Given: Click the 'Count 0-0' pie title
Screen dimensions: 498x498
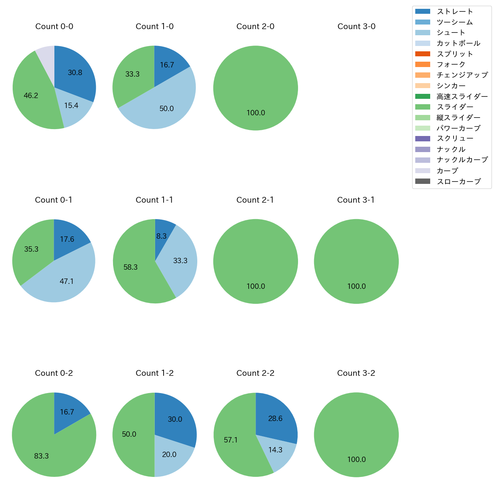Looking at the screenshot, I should pyautogui.click(x=54, y=26).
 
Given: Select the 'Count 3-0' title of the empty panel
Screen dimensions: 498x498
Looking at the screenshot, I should pyautogui.click(x=356, y=26).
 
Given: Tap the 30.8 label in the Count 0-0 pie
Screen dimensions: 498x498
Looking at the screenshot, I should pyautogui.click(x=75, y=72).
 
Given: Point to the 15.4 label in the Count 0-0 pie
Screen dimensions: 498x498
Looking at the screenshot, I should pyautogui.click(x=71, y=105).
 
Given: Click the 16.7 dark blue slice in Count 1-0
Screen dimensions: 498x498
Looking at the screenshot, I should pyautogui.click(x=167, y=65).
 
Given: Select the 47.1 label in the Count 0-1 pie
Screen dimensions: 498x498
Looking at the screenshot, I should pyautogui.click(x=67, y=281).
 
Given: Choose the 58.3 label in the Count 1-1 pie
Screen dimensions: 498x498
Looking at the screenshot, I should pyautogui.click(x=131, y=267).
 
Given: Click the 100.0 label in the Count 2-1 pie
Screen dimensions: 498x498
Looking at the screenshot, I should pyautogui.click(x=256, y=286).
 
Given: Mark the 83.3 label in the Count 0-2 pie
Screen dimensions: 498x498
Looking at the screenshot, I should pyautogui.click(x=41, y=456).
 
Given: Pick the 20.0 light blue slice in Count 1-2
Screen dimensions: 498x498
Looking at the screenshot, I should pyautogui.click(x=169, y=454).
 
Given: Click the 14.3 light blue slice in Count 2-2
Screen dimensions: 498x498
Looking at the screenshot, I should pyautogui.click(x=275, y=450).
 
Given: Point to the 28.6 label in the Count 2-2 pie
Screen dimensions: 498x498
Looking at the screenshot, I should pyautogui.click(x=275, y=418).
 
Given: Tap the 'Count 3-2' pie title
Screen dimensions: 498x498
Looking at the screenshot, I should pyautogui.click(x=356, y=373).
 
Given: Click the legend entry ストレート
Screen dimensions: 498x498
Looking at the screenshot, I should pyautogui.click(x=455, y=11).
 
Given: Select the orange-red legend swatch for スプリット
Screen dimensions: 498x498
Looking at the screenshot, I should pyautogui.click(x=423, y=54).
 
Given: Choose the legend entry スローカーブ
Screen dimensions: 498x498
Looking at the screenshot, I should pyautogui.click(x=459, y=182).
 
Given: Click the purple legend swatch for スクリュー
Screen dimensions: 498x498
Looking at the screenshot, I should pyautogui.click(x=423, y=139).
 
